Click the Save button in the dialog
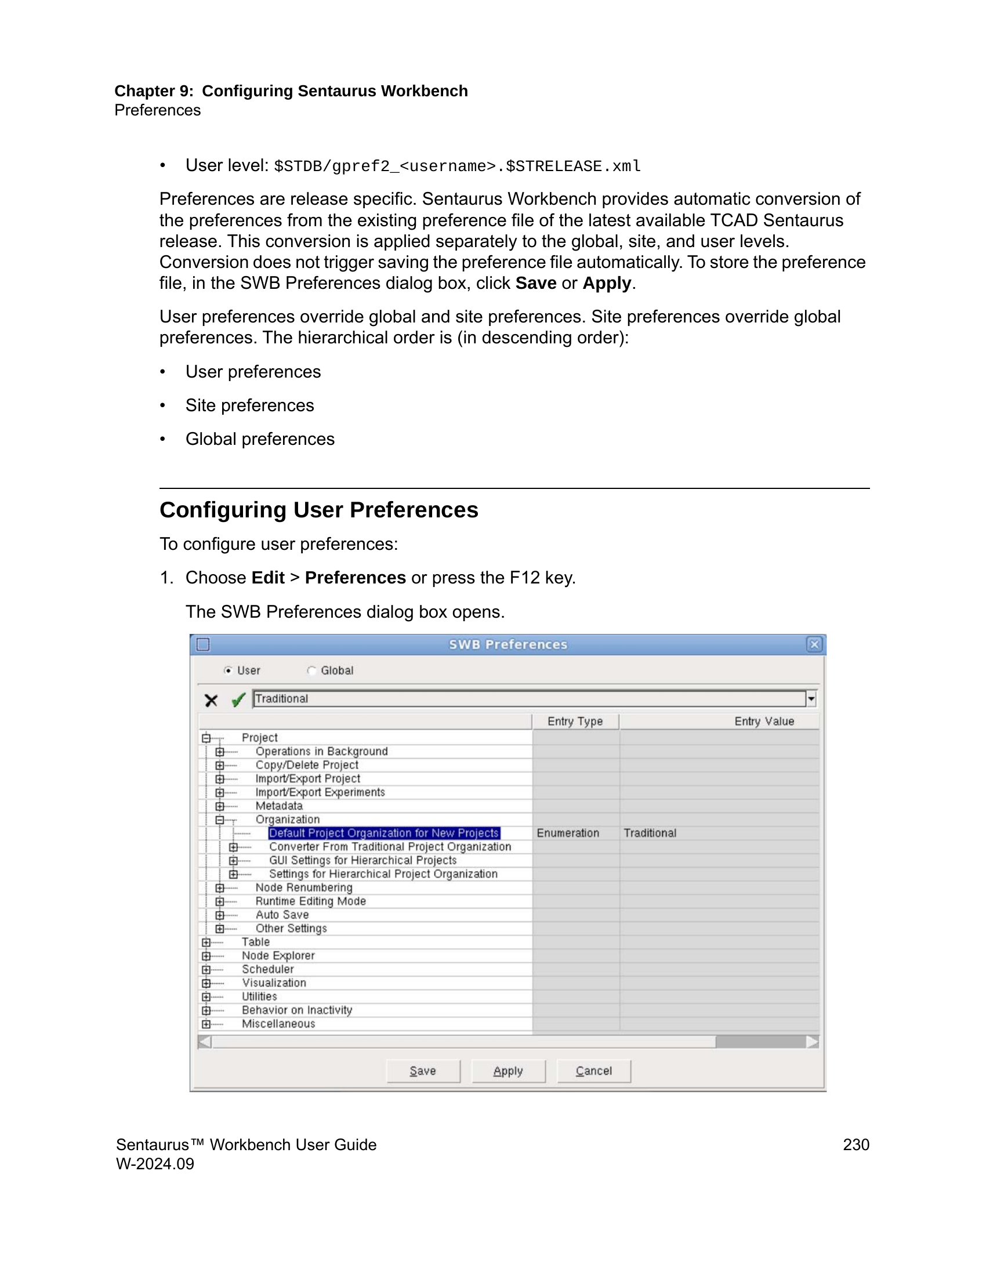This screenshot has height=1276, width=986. (x=423, y=1071)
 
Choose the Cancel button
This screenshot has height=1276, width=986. (x=593, y=1071)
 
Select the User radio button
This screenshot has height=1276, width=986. (x=229, y=670)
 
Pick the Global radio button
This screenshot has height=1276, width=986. (x=312, y=670)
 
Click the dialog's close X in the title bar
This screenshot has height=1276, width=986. (x=814, y=644)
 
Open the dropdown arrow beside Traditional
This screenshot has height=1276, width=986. (x=811, y=699)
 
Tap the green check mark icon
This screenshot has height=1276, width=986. (x=238, y=700)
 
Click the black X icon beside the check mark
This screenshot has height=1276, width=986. (x=211, y=700)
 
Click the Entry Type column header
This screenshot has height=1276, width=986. (x=575, y=722)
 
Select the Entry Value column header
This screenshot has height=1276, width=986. (x=763, y=722)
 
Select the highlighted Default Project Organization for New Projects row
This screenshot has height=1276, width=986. (x=384, y=833)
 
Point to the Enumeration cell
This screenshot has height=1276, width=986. (x=568, y=833)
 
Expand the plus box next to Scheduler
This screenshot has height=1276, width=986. (x=206, y=969)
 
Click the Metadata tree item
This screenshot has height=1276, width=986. (x=278, y=806)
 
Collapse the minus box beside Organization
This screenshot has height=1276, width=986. (x=220, y=820)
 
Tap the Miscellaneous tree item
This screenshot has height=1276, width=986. (x=278, y=1024)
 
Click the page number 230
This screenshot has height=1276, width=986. (x=855, y=1144)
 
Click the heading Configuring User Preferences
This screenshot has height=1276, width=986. (x=319, y=510)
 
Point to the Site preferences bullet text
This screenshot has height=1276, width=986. (x=249, y=405)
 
